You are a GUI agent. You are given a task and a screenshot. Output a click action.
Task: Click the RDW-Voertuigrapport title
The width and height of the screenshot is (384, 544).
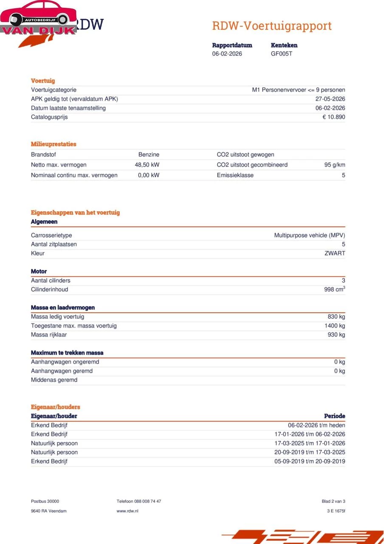(x=271, y=26)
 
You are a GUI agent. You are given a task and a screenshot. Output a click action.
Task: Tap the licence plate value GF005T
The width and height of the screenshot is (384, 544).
(x=281, y=54)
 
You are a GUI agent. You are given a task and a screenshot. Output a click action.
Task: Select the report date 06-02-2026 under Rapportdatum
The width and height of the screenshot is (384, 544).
(x=227, y=54)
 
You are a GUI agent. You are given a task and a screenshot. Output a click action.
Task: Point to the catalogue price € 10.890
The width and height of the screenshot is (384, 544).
(x=333, y=117)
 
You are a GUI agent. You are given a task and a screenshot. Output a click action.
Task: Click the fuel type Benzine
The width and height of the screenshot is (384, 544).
(x=149, y=155)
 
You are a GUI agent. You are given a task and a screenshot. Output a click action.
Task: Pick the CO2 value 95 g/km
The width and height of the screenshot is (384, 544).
(x=334, y=165)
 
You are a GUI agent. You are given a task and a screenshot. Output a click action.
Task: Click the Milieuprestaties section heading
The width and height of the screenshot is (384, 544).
(x=54, y=144)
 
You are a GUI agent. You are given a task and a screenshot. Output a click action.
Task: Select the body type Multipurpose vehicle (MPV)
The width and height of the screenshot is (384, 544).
(x=309, y=235)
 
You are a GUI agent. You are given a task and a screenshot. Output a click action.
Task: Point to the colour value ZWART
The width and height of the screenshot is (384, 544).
(x=335, y=253)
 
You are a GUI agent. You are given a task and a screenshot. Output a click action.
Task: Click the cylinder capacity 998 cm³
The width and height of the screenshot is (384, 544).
(x=334, y=289)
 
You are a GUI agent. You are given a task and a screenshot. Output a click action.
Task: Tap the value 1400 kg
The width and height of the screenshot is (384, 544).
(x=334, y=326)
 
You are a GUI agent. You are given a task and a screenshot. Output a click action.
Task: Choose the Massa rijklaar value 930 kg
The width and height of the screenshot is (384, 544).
(x=336, y=335)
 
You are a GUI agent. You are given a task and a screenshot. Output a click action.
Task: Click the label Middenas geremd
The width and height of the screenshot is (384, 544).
(x=54, y=380)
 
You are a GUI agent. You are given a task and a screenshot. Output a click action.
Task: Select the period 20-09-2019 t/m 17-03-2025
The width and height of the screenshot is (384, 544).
(x=309, y=452)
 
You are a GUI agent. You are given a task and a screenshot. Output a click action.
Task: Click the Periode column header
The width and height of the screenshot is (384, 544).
(x=334, y=416)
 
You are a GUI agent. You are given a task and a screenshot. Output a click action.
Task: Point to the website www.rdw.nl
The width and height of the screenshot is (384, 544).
(x=127, y=511)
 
